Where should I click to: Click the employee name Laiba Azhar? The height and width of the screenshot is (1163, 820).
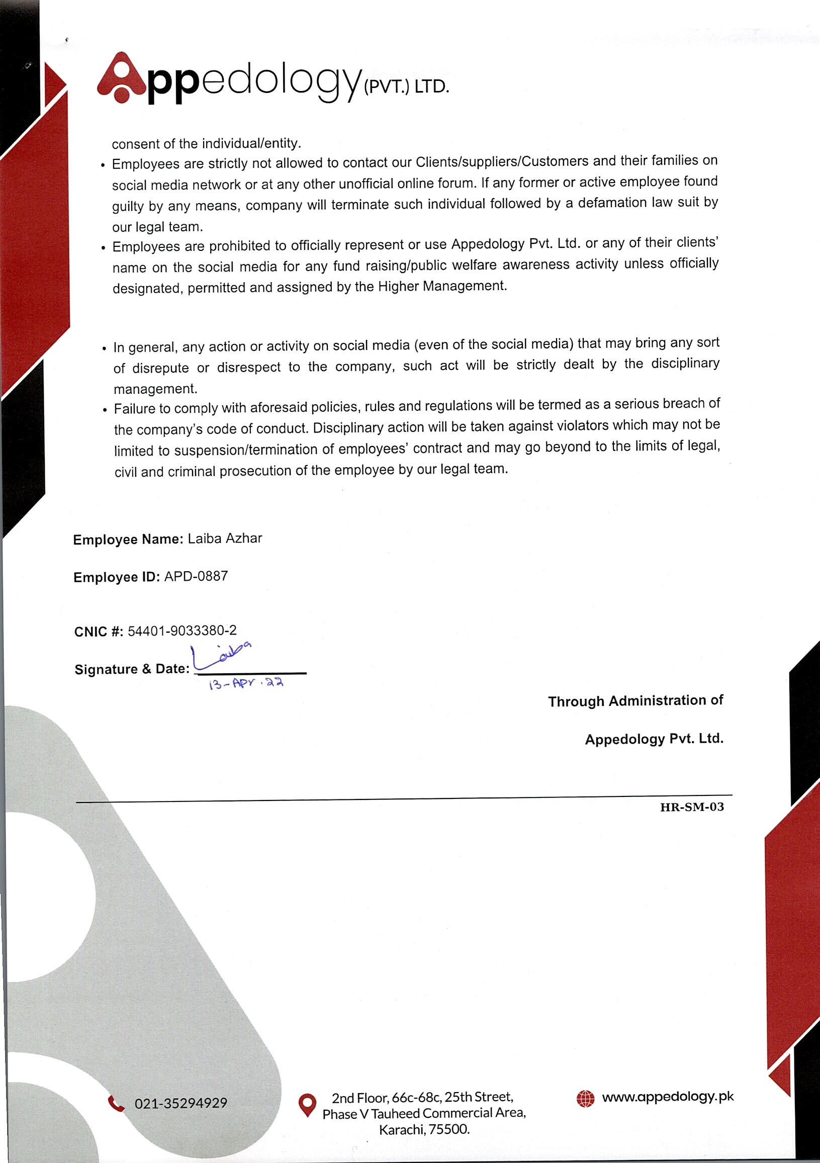pyautogui.click(x=225, y=539)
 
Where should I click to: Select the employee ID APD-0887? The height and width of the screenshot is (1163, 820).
pyautogui.click(x=196, y=576)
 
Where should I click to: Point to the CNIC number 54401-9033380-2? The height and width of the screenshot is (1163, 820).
pyautogui.click(x=183, y=631)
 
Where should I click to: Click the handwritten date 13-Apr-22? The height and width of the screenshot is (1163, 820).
pyautogui.click(x=246, y=684)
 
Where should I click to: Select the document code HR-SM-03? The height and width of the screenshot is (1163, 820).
pyautogui.click(x=692, y=807)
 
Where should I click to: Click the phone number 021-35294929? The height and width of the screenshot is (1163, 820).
pyautogui.click(x=181, y=1103)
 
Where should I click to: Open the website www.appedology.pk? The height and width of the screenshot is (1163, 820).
pyautogui.click(x=668, y=1097)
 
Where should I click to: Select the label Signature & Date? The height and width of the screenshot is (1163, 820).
pyautogui.click(x=132, y=669)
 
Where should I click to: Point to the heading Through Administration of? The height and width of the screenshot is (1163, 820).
pyautogui.click(x=635, y=701)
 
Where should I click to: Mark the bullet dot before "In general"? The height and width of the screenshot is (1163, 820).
pyautogui.click(x=105, y=348)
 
